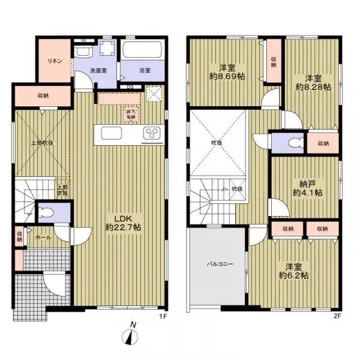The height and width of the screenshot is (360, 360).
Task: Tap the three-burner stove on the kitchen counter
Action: (x=149, y=133)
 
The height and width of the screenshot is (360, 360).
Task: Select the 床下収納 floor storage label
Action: (x=130, y=113)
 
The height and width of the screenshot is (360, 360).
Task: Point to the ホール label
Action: (x=43, y=237)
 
